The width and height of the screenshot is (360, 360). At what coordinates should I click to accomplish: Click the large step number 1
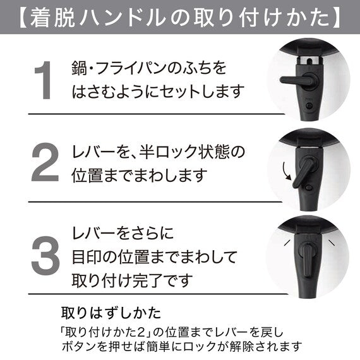[x=44, y=80]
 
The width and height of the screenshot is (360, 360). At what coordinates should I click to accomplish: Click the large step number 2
[x=45, y=162]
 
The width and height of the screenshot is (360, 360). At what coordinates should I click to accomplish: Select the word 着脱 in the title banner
[x=53, y=17]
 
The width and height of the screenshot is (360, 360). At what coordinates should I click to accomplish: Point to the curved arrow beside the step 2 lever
[x=286, y=171]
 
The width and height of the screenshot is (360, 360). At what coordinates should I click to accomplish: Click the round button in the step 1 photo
[x=309, y=106]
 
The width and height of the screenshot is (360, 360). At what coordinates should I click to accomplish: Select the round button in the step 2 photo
[x=309, y=188]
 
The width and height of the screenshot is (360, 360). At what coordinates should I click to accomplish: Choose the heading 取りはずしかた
[x=111, y=313]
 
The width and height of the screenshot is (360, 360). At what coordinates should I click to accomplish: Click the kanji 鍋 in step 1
[x=79, y=68]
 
